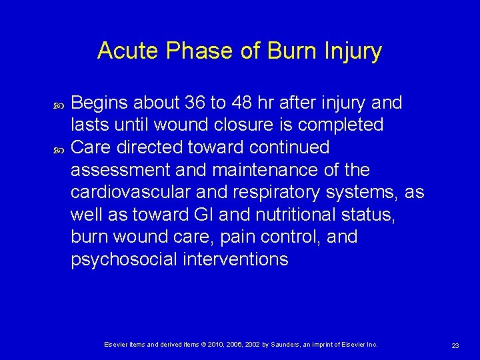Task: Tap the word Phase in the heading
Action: click(191, 51)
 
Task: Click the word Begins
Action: click(99, 103)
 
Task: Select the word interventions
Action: click(235, 259)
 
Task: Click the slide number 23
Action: click(455, 345)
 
